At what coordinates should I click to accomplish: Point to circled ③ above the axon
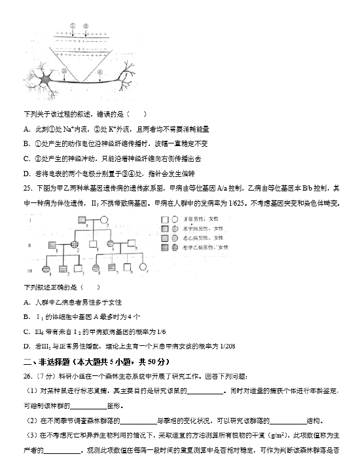pos(63,71)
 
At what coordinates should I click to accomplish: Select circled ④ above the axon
pos(99,71)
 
